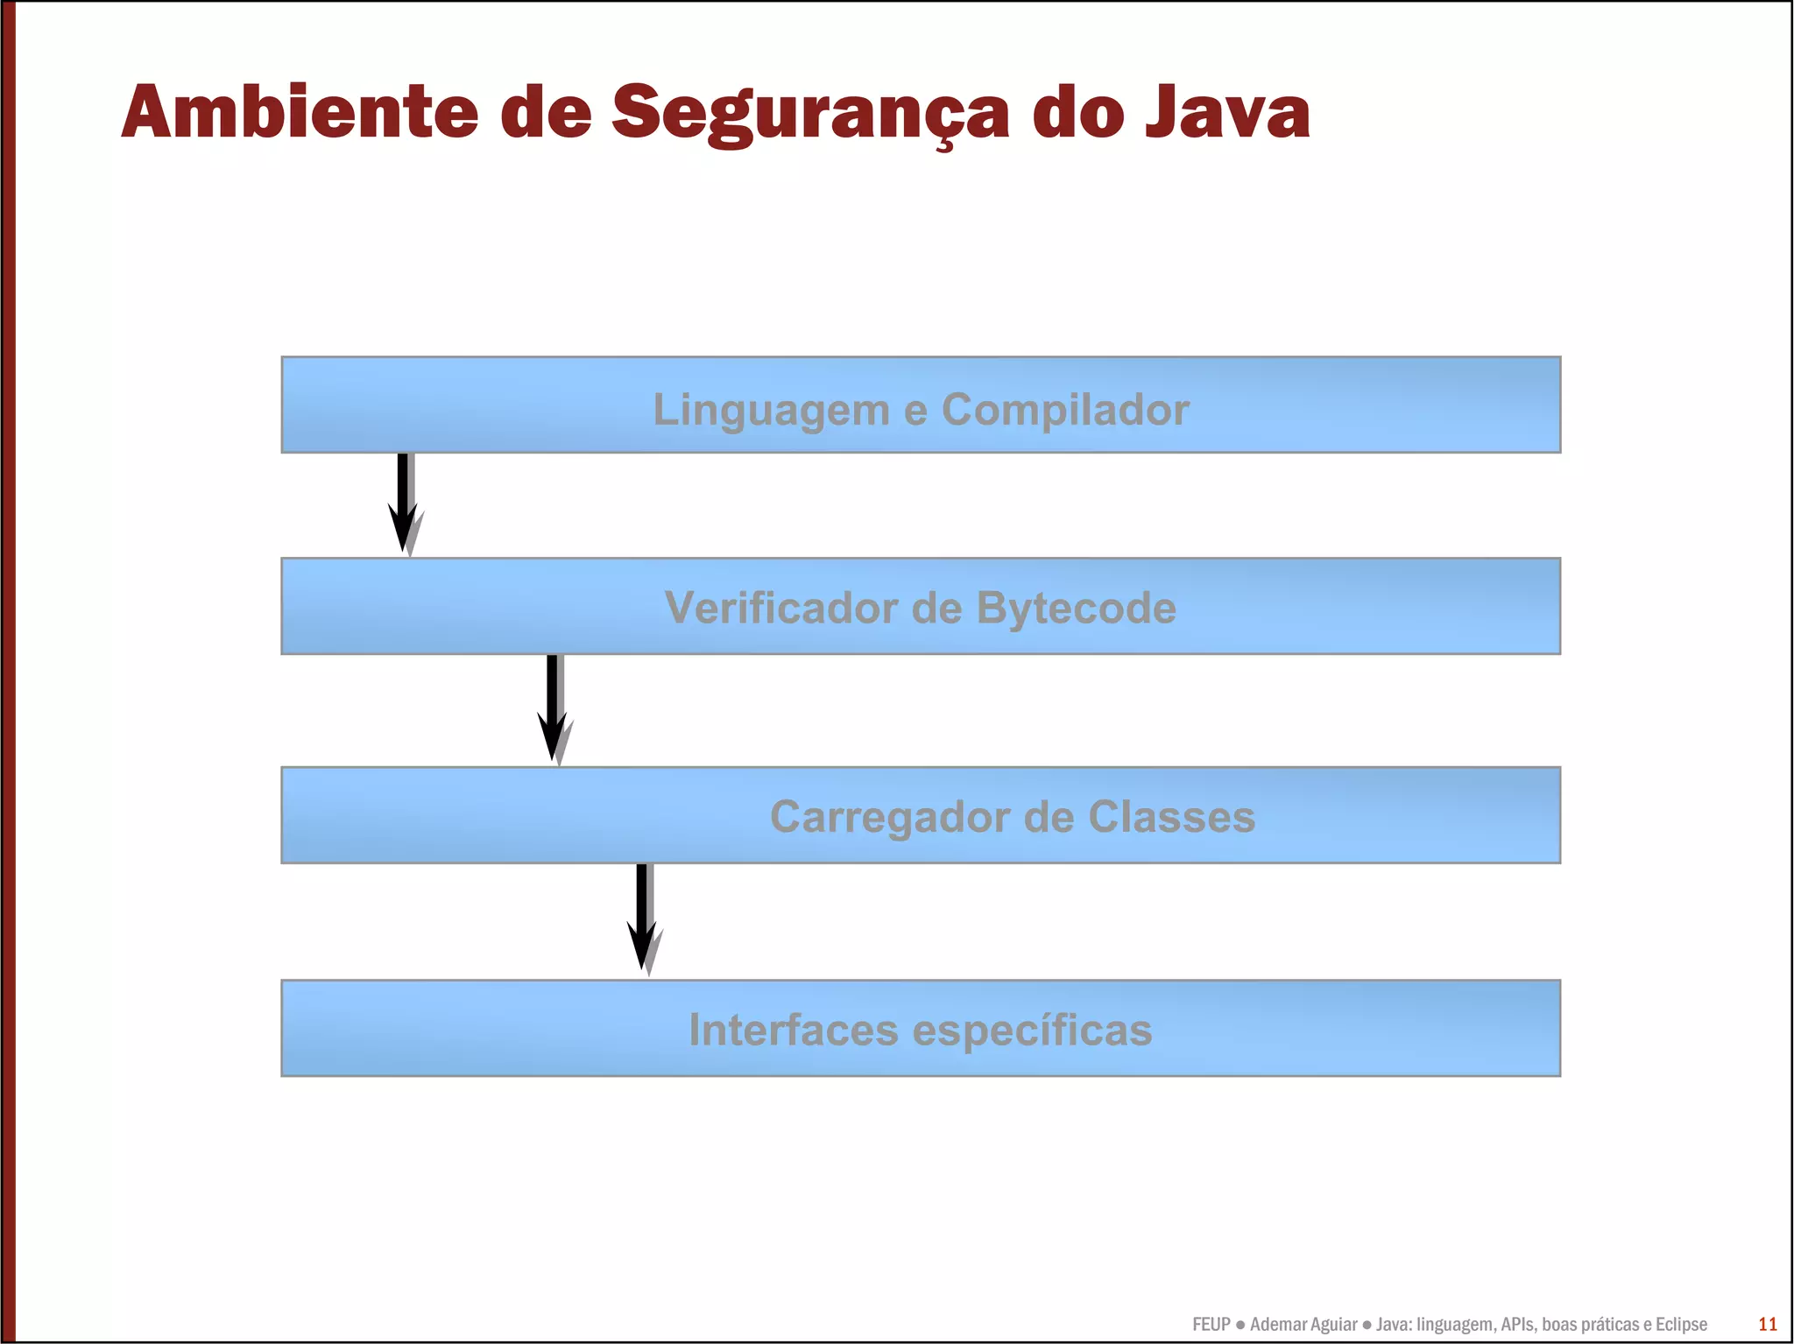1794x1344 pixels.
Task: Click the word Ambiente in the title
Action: click(x=300, y=112)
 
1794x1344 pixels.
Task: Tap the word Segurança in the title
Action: click(x=810, y=114)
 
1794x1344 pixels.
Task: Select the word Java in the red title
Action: click(x=1227, y=112)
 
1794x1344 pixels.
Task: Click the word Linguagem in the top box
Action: click(x=771, y=411)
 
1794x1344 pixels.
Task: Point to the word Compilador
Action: click(x=1065, y=410)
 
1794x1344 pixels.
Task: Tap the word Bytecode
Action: click(x=1076, y=608)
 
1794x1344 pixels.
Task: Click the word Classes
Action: click(x=1171, y=817)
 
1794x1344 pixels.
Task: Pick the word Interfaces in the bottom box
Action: click(x=793, y=1030)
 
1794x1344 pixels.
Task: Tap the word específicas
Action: click(x=1032, y=1031)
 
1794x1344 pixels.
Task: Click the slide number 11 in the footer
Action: click(x=1768, y=1324)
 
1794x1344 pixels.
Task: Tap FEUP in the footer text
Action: click(x=1211, y=1325)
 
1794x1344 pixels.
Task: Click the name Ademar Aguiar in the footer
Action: click(x=1303, y=1325)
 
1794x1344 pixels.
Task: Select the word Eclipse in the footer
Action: click(x=1680, y=1325)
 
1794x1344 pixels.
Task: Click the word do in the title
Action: click(x=1077, y=112)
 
